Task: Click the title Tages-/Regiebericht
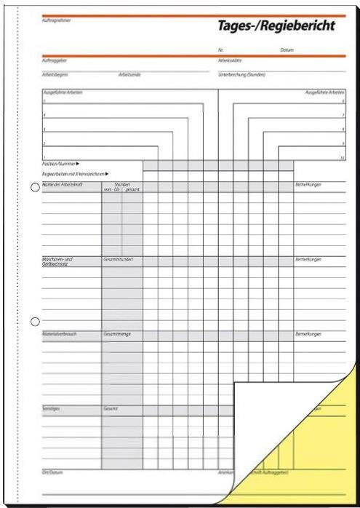276,26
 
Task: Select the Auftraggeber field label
53,60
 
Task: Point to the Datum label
287,49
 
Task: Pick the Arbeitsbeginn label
54,74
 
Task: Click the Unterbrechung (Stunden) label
241,74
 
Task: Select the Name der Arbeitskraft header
60,185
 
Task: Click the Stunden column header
121,185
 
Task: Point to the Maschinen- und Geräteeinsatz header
58,260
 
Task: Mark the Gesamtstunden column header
119,258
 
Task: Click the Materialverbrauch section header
59,334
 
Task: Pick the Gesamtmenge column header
118,334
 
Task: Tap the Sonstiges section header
51,408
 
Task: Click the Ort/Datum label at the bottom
52,473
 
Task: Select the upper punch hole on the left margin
34,188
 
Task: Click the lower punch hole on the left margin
34,321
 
